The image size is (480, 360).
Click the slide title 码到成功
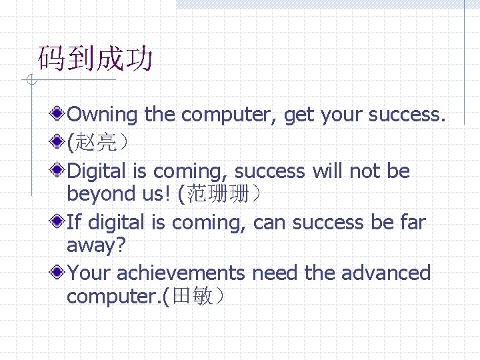[x=95, y=59]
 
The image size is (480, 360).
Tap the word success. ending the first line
[x=407, y=115]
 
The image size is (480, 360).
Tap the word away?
[x=96, y=245]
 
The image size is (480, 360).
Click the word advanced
[x=386, y=273]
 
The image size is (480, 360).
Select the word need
[x=275, y=273]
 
